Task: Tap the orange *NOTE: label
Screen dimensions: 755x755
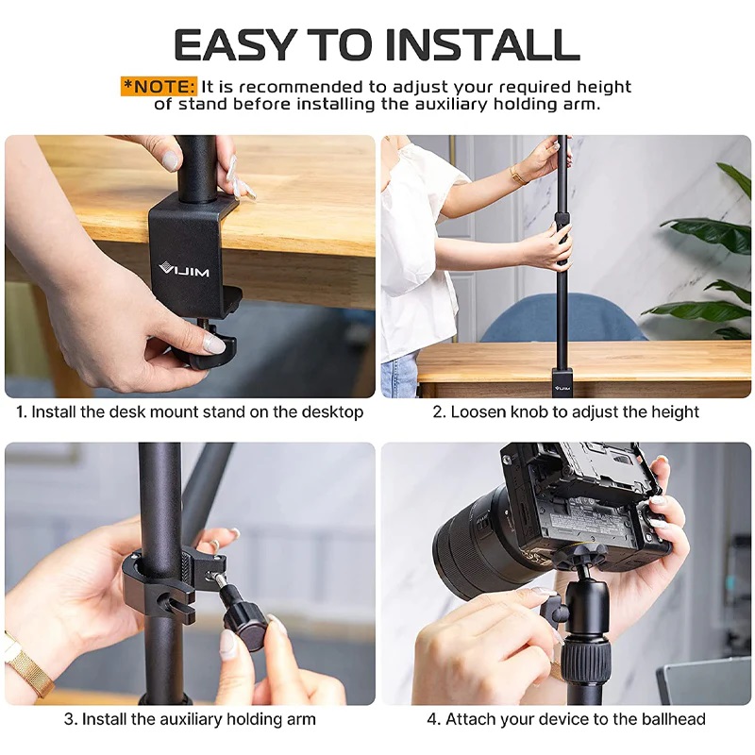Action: click(159, 86)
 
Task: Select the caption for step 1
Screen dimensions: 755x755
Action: click(189, 412)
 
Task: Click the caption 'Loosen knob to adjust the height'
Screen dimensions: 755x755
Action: click(566, 412)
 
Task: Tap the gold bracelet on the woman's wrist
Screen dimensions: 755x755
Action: click(518, 175)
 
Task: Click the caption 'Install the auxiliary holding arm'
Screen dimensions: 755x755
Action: click(189, 719)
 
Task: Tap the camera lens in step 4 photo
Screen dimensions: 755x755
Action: click(472, 547)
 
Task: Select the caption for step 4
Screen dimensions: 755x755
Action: click(566, 719)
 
